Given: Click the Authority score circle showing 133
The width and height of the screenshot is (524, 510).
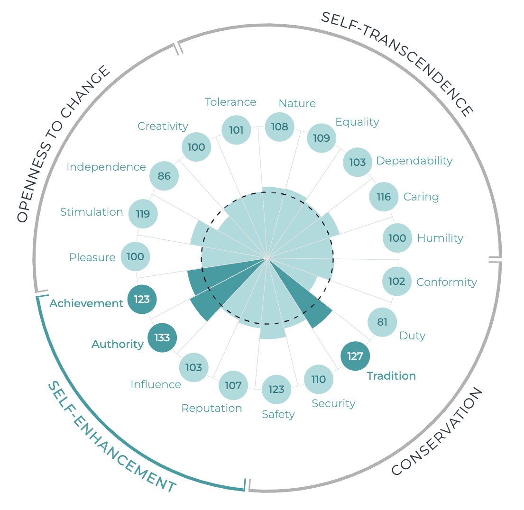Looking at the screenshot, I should (162, 338).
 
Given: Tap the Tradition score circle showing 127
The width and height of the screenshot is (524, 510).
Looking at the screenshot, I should (355, 356).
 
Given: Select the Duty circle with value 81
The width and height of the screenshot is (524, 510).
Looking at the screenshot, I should (382, 322).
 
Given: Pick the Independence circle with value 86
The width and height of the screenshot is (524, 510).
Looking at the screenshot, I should (164, 176).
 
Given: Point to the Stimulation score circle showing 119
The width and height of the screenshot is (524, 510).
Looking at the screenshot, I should (143, 214).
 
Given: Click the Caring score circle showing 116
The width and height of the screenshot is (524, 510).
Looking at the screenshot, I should (384, 197).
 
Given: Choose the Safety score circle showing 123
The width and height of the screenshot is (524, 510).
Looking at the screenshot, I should (276, 390).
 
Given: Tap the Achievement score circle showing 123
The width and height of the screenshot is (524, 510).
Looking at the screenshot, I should (142, 299).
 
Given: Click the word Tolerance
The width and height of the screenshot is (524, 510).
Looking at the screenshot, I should (230, 102).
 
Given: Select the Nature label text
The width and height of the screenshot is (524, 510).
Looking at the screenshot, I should (297, 103).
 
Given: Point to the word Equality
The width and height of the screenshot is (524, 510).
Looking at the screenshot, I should (357, 122).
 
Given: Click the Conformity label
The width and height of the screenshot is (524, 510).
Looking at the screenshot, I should (447, 282).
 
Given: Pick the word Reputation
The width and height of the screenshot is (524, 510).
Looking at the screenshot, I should (211, 408).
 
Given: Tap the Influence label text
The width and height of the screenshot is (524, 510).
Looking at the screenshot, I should (156, 384).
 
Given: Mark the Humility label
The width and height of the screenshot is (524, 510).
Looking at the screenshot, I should (440, 238).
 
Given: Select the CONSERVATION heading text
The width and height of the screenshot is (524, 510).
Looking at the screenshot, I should (437, 431).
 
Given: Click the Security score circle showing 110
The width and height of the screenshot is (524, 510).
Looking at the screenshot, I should (319, 379).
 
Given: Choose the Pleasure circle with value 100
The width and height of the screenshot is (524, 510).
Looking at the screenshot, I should (136, 257).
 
